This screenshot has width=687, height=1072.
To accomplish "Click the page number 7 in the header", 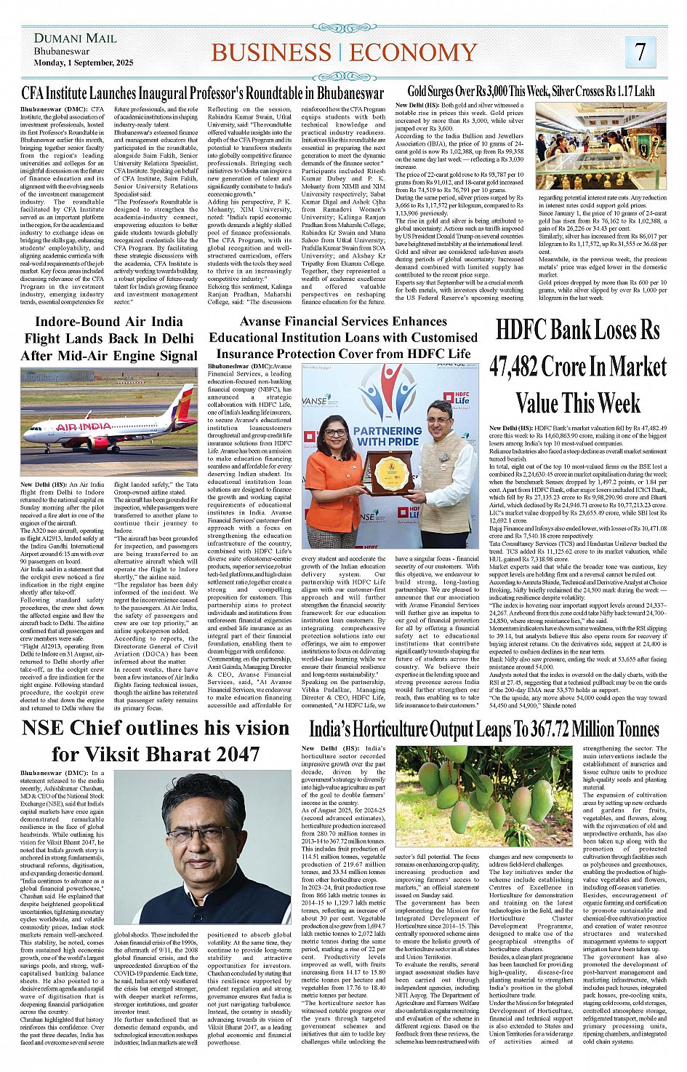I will pos(640,52).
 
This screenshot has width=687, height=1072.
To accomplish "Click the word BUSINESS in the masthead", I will pos(270,53).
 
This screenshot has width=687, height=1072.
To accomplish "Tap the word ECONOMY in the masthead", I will pos(413,53).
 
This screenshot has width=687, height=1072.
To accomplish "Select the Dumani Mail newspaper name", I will pos(75,38).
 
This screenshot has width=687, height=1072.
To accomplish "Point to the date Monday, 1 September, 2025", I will pos(84,63).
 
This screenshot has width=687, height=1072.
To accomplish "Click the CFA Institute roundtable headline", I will pos(202,93).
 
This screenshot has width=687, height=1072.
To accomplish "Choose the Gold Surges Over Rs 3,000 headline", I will pos(531,92).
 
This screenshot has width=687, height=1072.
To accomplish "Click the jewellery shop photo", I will pos(600,147).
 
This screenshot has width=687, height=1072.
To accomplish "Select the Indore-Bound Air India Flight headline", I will pos(109,338).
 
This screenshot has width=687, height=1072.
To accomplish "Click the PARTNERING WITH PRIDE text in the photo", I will pos(387,435).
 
